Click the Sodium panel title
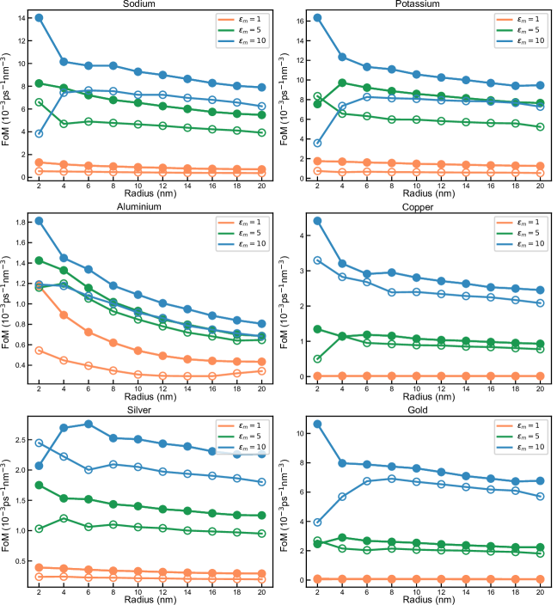coord(145,4)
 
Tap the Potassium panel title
coord(424,4)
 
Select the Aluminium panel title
coord(145,208)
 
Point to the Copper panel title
coord(424,208)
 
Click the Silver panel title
coord(145,411)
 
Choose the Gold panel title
coord(424,411)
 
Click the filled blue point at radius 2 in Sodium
coord(39,18)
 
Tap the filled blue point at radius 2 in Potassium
coord(318,18)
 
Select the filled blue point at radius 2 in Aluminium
coord(39,221)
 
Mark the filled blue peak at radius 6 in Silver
coord(89,424)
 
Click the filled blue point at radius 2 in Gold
coord(318,424)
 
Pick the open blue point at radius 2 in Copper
coord(318,260)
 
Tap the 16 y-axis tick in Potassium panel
coord(303,18)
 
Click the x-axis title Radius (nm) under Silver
coord(145,599)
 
